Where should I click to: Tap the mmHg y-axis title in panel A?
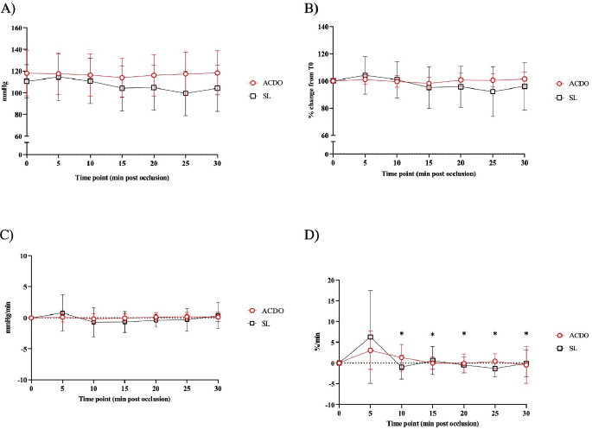(x=6, y=91)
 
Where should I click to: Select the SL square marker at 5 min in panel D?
(x=371, y=337)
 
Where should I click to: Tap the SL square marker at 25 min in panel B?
(x=493, y=91)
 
